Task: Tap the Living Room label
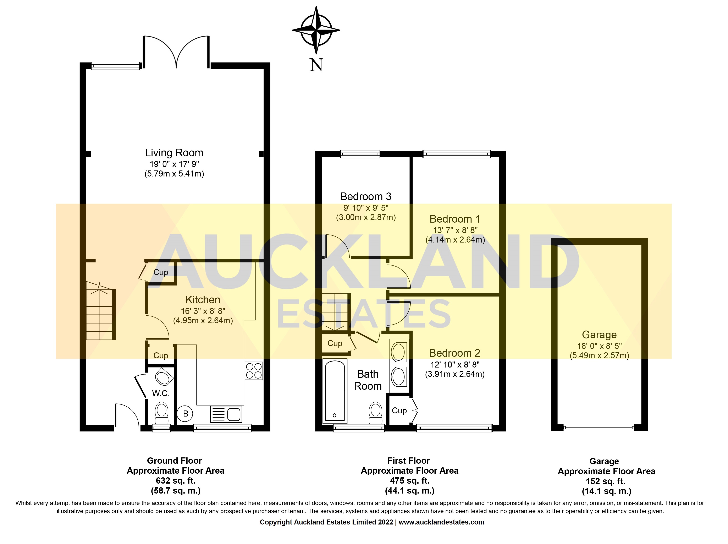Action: click(174, 153)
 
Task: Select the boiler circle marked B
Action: click(185, 414)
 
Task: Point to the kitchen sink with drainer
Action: click(226, 414)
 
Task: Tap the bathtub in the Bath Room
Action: click(335, 391)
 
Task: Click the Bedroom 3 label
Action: click(366, 197)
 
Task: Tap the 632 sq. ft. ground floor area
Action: click(175, 481)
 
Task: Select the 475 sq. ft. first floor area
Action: click(409, 481)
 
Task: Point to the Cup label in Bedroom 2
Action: click(399, 411)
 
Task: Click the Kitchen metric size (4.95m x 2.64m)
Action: click(203, 320)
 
